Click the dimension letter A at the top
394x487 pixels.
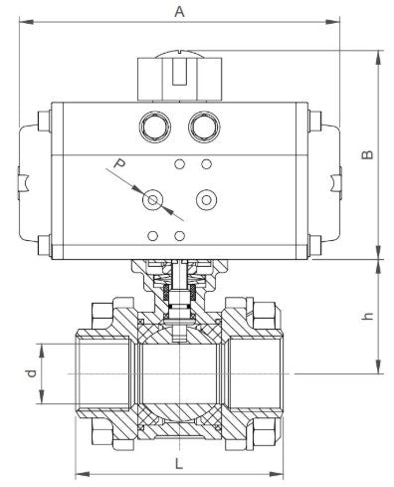click(x=179, y=12)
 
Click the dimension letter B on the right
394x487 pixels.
click(x=367, y=154)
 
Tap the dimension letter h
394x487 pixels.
click(x=367, y=316)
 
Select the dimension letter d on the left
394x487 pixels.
click(x=31, y=373)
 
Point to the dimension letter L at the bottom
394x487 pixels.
click(x=179, y=463)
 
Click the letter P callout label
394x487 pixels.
click(x=118, y=163)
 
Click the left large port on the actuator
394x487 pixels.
click(x=155, y=126)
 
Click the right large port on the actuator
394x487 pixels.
click(x=204, y=126)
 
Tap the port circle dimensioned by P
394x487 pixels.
click(x=152, y=200)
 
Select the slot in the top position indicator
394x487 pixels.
click(x=179, y=72)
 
